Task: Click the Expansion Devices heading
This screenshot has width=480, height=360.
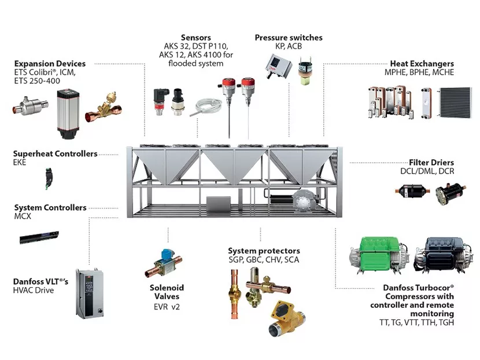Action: [50, 64]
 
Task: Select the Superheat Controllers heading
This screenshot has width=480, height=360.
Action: [56, 154]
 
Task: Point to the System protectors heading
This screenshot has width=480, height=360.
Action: [264, 251]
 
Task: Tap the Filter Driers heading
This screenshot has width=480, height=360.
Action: [431, 163]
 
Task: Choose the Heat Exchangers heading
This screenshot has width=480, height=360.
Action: [422, 64]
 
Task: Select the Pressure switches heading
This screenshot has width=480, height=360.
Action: [288, 38]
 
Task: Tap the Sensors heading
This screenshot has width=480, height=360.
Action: [197, 38]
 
